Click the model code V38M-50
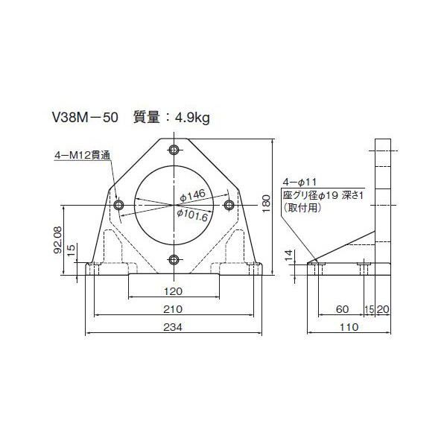pos(83,117)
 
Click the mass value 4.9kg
pos(191,117)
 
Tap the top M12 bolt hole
pos(174,150)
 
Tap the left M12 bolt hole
pos(118,204)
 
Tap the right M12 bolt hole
pos(229,204)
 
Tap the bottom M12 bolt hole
pos(174,259)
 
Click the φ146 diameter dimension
pos(193,195)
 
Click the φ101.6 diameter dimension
pos(192,214)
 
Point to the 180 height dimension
pos(267,202)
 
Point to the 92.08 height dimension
pos(57,240)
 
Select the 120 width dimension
pos(174,291)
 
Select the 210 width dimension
pos(174,309)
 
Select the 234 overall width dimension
pos(174,328)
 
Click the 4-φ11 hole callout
pos(299,181)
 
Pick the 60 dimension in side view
pos(341,308)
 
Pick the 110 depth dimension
pos(349,327)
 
